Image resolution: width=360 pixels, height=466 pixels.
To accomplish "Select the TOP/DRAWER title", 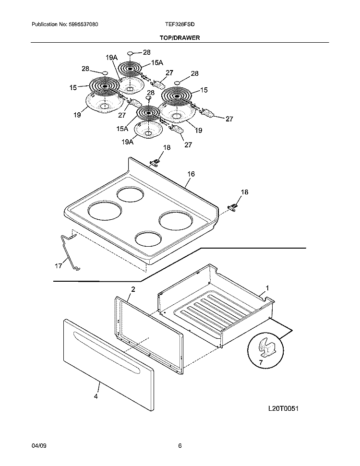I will pyautogui.click(x=180, y=37).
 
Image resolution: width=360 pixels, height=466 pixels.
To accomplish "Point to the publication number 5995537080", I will pyautogui.click(x=84, y=24).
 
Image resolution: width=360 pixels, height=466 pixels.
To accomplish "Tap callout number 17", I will pyautogui.click(x=58, y=264).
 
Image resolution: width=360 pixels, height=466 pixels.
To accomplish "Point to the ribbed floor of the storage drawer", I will pyautogui.click(x=211, y=312).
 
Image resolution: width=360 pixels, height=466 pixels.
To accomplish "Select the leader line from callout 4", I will pyautogui.click(x=98, y=387).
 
